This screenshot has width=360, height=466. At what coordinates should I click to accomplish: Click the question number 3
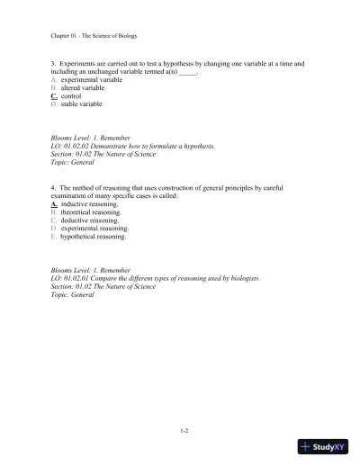[54, 65]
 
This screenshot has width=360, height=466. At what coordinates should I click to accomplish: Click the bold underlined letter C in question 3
[55, 96]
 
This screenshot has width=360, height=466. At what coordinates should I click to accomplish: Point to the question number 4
[54, 187]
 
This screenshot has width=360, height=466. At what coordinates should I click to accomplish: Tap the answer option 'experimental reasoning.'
[94, 229]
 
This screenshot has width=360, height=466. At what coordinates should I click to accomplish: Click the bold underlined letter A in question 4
[55, 204]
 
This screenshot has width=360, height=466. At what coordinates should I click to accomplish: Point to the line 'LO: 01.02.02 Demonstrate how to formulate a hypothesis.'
[132, 146]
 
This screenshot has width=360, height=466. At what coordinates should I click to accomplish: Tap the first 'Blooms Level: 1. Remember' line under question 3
[91, 138]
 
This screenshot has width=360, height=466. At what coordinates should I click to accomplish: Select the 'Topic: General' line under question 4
[73, 295]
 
